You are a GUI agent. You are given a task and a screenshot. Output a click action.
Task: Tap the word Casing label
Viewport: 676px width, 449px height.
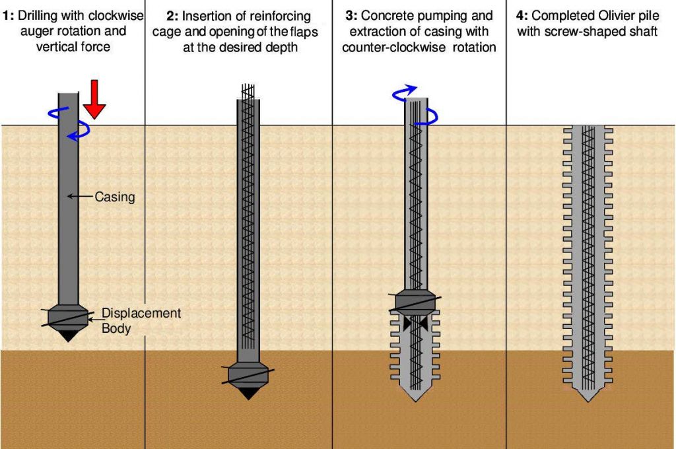(114, 197)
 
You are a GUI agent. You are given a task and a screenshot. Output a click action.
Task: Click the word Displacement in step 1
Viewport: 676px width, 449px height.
(141, 313)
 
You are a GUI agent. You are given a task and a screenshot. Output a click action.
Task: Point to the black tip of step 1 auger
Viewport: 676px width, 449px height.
(67, 335)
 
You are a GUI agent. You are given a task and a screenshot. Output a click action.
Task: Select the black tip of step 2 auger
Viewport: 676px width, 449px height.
(248, 393)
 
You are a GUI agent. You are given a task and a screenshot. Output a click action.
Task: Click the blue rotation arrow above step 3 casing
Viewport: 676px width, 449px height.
(403, 92)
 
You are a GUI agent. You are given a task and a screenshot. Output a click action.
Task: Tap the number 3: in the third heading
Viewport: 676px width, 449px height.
(350, 15)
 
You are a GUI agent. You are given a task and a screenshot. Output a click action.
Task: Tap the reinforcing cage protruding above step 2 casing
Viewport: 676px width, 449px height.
(248, 91)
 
